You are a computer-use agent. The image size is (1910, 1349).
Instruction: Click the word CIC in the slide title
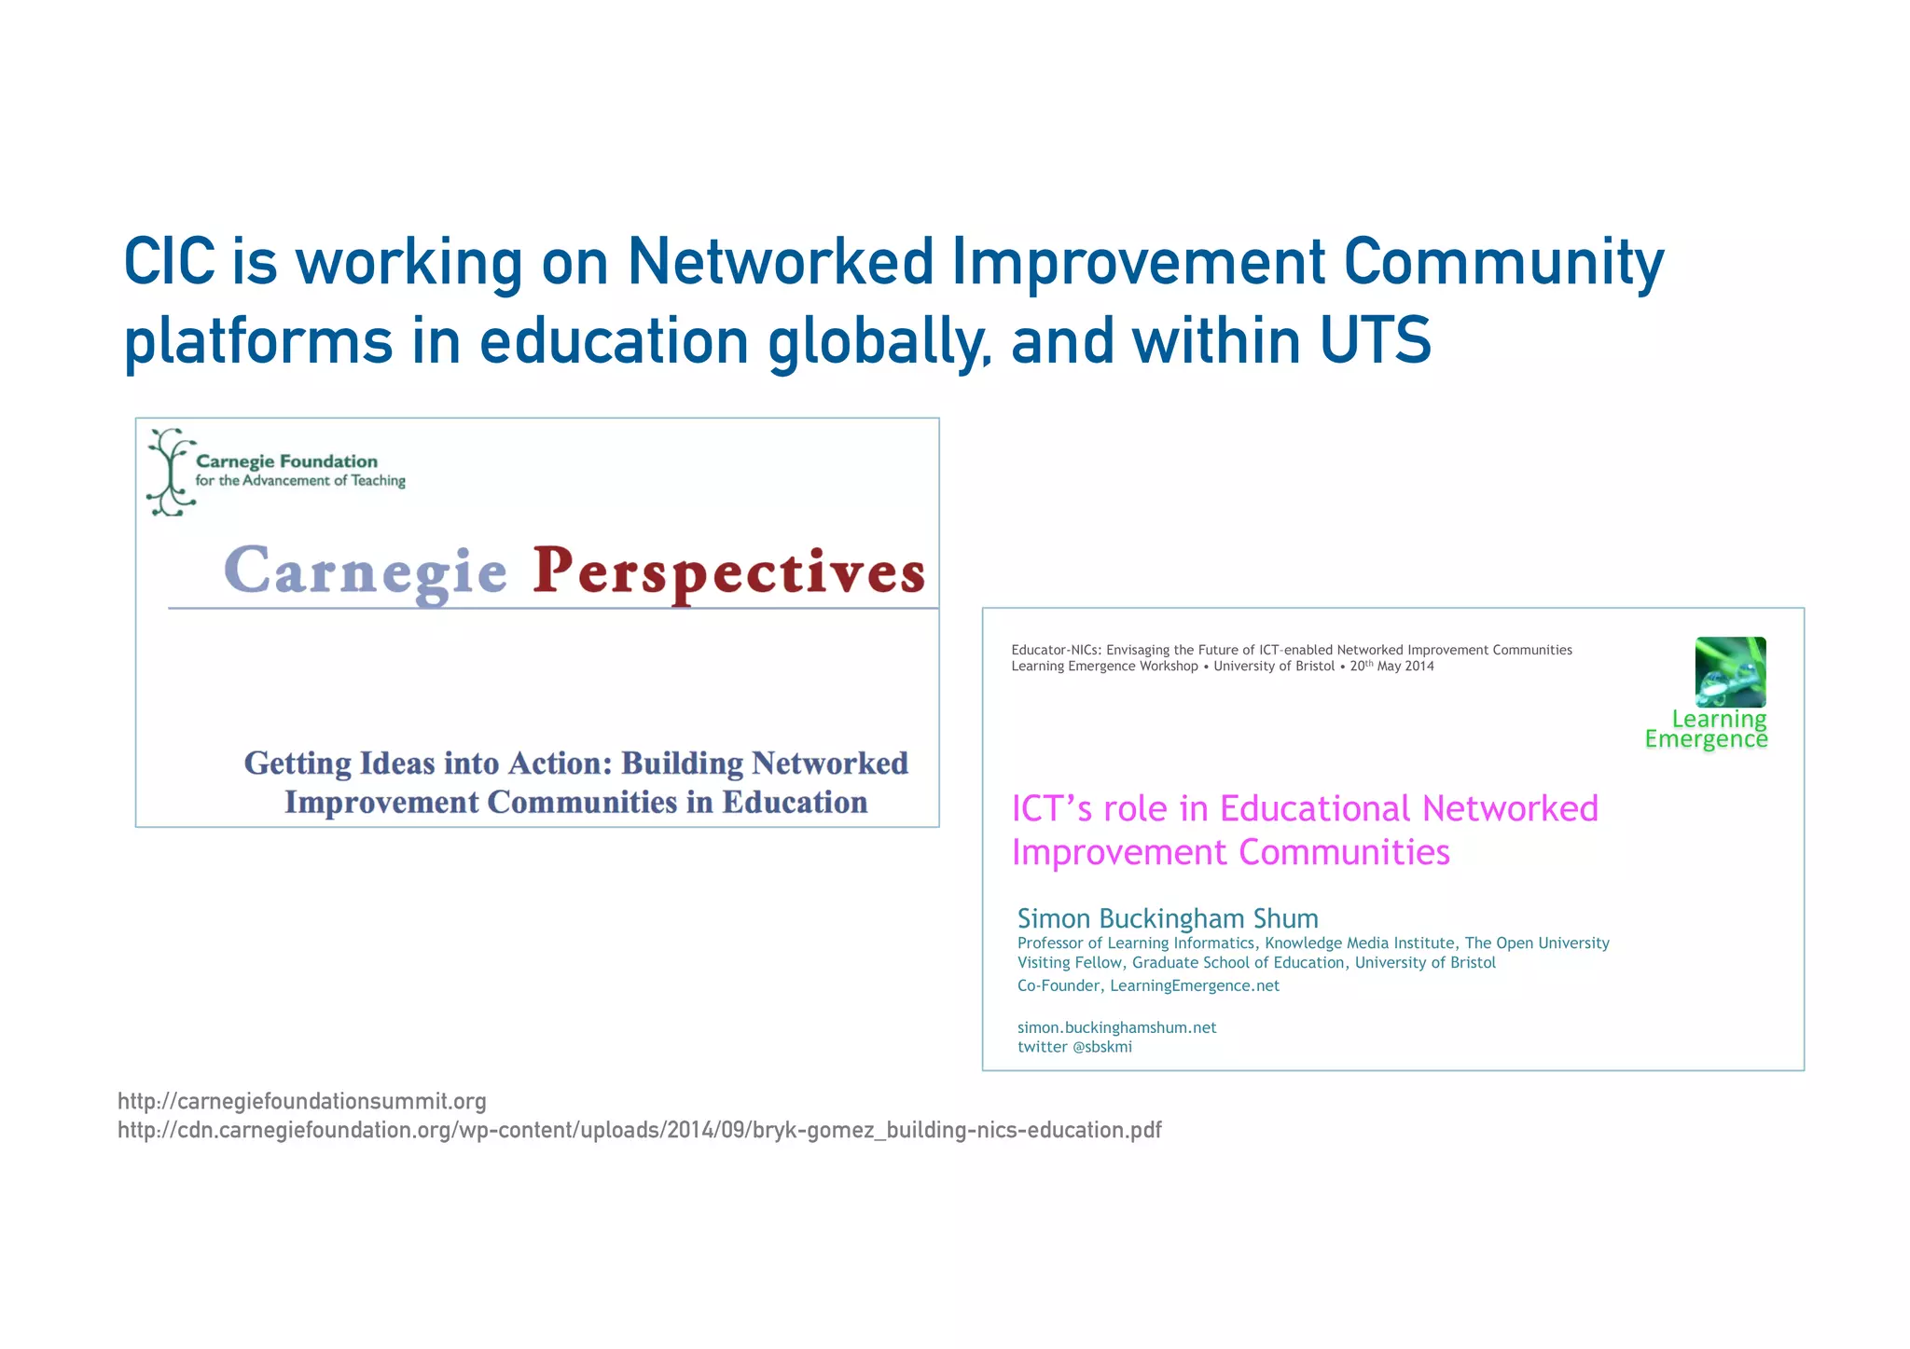pyautogui.click(x=170, y=262)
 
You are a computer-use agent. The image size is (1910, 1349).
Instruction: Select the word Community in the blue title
pyautogui.click(x=1502, y=262)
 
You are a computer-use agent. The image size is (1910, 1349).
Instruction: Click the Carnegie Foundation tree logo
pyautogui.click(x=169, y=473)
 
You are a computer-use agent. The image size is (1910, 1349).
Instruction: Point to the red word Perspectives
pyautogui.click(x=729, y=571)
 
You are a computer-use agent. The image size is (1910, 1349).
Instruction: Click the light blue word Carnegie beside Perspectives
pyautogui.click(x=366, y=571)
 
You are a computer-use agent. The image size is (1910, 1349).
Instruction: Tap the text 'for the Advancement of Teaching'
pyautogui.click(x=300, y=481)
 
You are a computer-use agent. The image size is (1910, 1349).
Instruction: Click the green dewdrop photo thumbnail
pyautogui.click(x=1730, y=671)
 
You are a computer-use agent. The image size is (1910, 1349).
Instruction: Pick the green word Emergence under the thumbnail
pyautogui.click(x=1706, y=739)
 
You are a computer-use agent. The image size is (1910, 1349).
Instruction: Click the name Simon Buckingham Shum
pyautogui.click(x=1168, y=918)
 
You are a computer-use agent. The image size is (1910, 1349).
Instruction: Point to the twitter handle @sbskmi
pyautogui.click(x=1102, y=1047)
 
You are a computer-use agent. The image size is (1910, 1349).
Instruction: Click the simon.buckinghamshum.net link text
pyautogui.click(x=1116, y=1027)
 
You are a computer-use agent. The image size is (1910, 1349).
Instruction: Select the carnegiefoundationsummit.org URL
pyautogui.click(x=302, y=1101)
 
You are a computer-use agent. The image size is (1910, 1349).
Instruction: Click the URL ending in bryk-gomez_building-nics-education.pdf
pyautogui.click(x=639, y=1130)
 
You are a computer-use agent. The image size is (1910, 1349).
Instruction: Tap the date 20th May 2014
pyautogui.click(x=1391, y=666)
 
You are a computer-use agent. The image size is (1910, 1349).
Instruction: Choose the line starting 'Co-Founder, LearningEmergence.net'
pyautogui.click(x=1148, y=985)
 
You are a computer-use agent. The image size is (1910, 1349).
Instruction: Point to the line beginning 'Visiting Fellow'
pyautogui.click(x=1256, y=962)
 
